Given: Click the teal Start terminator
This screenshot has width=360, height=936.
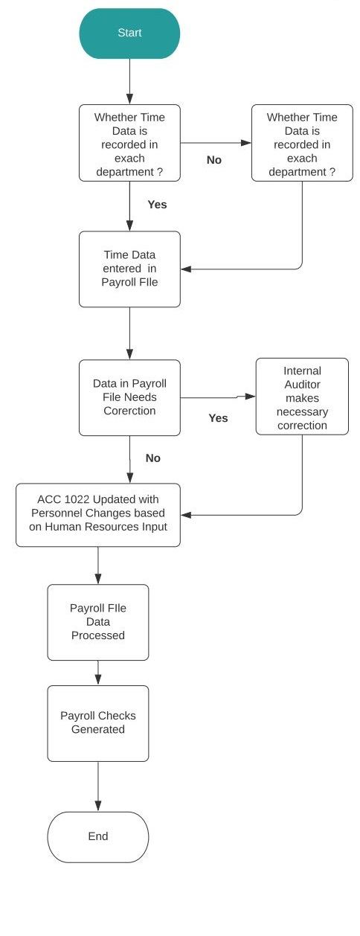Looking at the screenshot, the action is (x=129, y=33).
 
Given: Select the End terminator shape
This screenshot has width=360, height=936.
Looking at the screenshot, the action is (x=98, y=837).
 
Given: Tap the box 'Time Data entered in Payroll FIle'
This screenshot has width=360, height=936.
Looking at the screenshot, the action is (x=129, y=269).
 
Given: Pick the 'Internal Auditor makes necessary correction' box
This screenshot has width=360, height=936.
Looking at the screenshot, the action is (x=302, y=397).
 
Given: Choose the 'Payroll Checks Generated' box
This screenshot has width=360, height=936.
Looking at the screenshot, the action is (x=98, y=723).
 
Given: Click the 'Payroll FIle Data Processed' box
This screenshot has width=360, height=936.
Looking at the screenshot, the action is (x=98, y=622).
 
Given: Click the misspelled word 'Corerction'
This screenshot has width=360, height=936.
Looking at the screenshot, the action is (x=129, y=411).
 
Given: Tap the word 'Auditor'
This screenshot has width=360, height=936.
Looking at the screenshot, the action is (x=303, y=385).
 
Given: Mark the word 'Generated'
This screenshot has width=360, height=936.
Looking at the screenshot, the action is (x=98, y=729).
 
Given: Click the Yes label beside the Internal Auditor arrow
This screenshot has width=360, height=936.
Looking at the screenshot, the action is (x=218, y=418).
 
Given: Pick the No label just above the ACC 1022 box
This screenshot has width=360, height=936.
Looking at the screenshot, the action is (x=153, y=458).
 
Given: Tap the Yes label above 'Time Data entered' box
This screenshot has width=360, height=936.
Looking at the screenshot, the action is (x=157, y=205).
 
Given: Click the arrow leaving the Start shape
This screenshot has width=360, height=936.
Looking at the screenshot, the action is (x=129, y=82).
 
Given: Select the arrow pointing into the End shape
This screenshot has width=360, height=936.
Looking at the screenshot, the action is (x=98, y=786).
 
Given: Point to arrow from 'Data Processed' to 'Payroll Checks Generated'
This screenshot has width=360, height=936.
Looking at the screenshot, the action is (x=98, y=673).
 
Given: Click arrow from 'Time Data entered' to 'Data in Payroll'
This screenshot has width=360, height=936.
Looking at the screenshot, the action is (x=129, y=333).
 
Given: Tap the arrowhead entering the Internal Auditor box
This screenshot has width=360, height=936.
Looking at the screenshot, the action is (x=250, y=396).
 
